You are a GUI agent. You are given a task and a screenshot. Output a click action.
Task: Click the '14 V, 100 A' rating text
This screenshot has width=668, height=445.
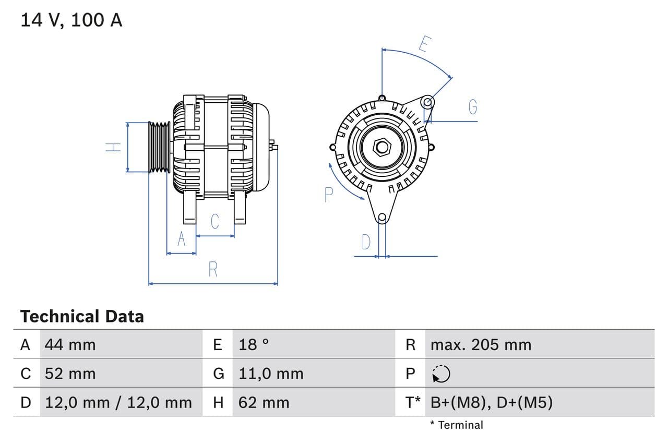(71, 20)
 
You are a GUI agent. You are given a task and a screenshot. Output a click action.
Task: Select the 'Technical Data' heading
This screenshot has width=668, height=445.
(82, 316)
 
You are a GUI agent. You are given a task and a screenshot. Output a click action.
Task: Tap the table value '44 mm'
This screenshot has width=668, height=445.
(70, 344)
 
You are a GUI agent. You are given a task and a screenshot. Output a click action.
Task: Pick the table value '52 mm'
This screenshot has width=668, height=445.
(70, 374)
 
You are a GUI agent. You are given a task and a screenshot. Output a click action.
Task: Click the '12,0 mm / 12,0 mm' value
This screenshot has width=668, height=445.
(118, 402)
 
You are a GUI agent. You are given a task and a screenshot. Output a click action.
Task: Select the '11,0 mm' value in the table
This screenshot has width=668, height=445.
(270, 374)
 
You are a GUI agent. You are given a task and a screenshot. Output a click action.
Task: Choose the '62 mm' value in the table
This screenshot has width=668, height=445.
(264, 402)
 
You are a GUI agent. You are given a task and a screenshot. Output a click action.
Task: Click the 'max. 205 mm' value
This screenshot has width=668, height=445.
(481, 344)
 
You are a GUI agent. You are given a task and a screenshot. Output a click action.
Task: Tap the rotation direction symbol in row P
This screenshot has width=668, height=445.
(442, 374)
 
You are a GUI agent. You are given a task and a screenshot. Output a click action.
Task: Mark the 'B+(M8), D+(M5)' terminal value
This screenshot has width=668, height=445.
(491, 402)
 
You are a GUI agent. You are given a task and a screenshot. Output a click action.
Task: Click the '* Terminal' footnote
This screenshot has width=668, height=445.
(457, 425)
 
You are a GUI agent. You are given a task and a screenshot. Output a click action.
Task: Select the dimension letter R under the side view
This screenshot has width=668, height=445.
(213, 270)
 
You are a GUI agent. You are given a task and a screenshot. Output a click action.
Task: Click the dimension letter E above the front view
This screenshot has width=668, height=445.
(423, 45)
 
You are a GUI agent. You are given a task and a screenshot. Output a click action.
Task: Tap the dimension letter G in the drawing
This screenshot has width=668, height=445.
(473, 107)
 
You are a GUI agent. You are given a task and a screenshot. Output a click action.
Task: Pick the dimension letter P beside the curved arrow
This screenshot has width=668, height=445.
(328, 195)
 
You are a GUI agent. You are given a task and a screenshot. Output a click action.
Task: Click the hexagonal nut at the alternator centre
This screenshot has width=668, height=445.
(382, 147)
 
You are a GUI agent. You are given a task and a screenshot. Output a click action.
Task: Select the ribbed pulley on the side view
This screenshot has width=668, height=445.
(159, 147)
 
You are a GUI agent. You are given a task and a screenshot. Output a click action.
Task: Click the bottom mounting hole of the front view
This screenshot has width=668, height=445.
(382, 218)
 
